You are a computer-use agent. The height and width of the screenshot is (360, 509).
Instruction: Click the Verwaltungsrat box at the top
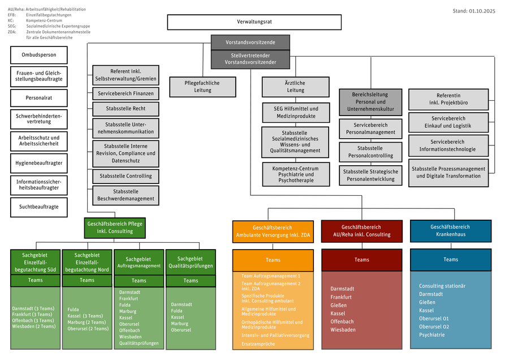tap(254, 22)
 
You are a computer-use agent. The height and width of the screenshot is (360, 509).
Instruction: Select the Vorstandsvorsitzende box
tap(250, 42)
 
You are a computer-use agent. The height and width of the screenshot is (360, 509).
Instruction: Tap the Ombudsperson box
tap(38, 55)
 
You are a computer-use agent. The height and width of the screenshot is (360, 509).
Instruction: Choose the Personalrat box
tap(38, 98)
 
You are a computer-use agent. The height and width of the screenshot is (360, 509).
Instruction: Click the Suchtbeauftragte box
tap(38, 207)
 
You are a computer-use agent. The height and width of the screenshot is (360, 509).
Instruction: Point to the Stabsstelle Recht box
tap(126, 109)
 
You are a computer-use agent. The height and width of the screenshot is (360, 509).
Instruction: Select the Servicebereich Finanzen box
tap(126, 93)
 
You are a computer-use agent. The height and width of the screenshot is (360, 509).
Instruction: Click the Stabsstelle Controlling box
tap(126, 176)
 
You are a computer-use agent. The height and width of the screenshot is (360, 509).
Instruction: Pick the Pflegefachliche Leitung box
tap(202, 87)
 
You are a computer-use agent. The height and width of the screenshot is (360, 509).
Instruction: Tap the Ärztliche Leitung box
tap(295, 87)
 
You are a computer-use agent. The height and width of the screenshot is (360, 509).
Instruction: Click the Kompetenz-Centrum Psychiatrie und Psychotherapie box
tap(295, 174)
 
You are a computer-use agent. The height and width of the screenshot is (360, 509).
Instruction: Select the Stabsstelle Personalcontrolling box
tap(370, 152)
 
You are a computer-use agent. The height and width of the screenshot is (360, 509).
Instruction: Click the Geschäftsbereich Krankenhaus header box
tap(450, 230)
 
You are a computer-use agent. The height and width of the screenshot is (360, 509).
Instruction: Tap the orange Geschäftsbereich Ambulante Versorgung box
tap(273, 231)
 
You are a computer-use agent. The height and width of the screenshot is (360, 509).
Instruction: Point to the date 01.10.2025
tap(482, 11)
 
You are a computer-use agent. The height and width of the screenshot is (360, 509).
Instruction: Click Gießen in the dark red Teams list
tap(339, 305)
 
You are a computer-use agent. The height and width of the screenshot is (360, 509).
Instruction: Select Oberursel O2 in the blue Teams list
tap(434, 327)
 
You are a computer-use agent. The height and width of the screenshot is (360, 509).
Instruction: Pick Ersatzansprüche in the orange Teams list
tap(258, 344)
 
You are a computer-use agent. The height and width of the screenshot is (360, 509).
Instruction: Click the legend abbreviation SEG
tap(12, 26)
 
